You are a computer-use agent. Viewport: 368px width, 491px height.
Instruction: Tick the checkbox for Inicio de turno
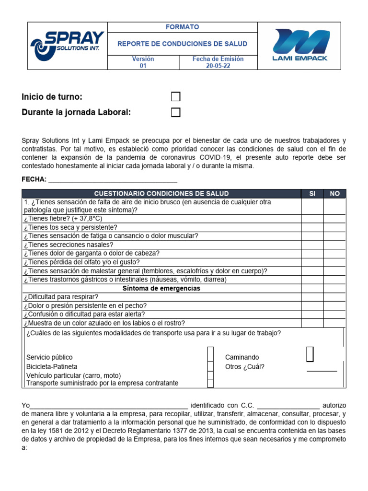point(176,97)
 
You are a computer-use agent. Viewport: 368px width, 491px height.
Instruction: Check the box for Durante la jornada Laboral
point(176,113)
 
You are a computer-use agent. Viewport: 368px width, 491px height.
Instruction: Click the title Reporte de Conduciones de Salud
point(183,44)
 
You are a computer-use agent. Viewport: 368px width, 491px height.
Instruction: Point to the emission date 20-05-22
point(218,66)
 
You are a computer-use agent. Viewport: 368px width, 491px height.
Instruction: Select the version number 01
point(143,66)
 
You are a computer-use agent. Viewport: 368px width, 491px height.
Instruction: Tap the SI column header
point(312,194)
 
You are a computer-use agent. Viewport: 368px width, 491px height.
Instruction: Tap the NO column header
point(334,194)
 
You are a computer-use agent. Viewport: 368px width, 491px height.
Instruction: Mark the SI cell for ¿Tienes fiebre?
point(312,219)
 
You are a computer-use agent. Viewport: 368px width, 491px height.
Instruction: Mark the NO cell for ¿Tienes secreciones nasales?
point(334,245)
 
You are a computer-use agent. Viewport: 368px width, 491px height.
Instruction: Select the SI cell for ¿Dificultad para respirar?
point(312,297)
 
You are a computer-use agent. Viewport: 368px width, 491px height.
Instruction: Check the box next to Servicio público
point(210,355)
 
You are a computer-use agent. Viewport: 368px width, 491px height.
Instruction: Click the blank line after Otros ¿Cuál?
point(322,369)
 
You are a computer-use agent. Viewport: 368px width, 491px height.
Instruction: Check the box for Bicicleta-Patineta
point(210,366)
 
